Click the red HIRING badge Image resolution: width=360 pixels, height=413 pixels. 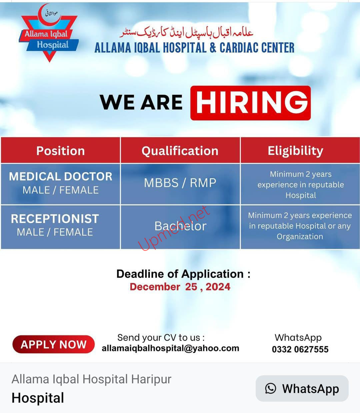(x=250, y=103)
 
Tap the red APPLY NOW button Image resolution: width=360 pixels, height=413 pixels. (x=53, y=344)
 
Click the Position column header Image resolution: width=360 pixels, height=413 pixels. (x=61, y=150)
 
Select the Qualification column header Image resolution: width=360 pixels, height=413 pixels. (x=180, y=150)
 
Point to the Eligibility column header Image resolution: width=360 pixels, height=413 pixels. (x=300, y=150)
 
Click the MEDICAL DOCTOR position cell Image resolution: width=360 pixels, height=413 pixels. (x=61, y=184)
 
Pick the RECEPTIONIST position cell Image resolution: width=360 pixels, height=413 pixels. (x=61, y=227)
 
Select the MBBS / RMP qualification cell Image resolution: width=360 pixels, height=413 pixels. (x=180, y=184)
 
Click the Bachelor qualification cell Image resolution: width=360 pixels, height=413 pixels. (x=180, y=227)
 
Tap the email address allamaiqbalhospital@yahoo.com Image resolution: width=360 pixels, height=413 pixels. (x=170, y=348)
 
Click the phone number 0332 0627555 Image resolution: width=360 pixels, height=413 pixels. (x=300, y=349)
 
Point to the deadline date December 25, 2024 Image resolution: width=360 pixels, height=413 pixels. (x=180, y=287)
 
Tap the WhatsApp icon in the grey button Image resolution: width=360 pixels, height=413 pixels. (x=270, y=388)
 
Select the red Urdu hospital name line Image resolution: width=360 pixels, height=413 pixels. (x=187, y=33)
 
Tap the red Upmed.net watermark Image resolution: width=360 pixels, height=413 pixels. (x=174, y=228)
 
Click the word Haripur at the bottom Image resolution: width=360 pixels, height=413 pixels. (x=151, y=379)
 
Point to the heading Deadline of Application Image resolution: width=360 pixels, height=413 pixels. (x=183, y=274)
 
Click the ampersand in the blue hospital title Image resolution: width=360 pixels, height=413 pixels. (x=213, y=48)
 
